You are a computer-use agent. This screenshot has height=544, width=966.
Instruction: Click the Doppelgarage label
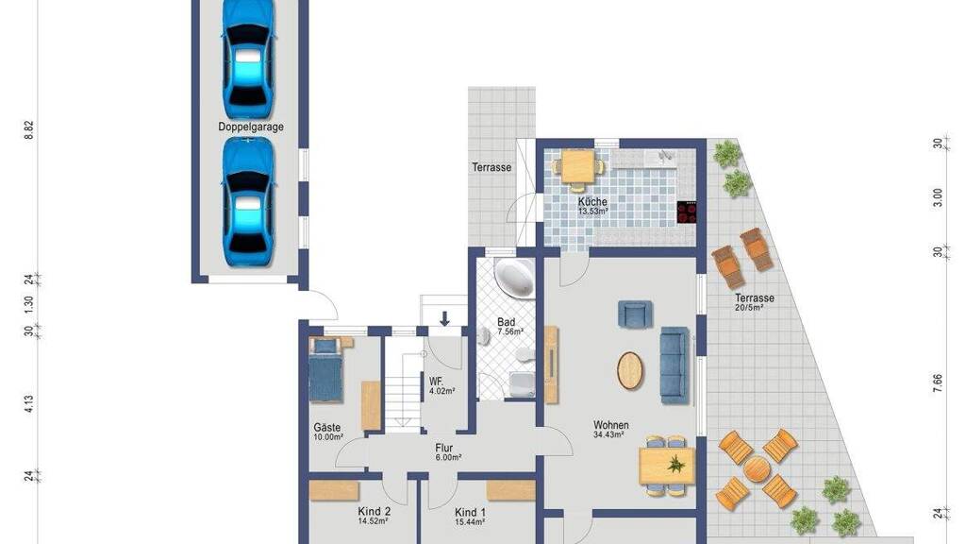[x=251, y=127]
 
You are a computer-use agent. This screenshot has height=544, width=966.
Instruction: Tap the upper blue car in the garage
[x=248, y=59]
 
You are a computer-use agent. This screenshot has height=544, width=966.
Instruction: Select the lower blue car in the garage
[x=248, y=202]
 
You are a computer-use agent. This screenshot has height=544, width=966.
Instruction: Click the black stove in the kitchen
[x=687, y=212]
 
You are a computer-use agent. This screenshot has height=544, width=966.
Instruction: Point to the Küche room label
[x=592, y=202]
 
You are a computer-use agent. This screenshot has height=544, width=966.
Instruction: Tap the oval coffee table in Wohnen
[x=629, y=370]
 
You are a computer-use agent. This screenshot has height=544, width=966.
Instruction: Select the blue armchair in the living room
[x=635, y=314]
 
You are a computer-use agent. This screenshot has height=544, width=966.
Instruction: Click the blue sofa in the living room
[x=674, y=365]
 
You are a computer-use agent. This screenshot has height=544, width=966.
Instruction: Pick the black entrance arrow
[x=444, y=318]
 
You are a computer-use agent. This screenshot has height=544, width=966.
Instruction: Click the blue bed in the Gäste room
[x=325, y=369]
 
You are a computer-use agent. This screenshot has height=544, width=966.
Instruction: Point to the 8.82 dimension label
[x=29, y=130]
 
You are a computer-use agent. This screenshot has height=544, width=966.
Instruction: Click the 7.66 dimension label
[x=937, y=383]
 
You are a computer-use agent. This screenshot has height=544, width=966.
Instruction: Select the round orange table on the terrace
[x=758, y=469]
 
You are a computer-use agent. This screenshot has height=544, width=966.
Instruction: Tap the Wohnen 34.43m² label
[x=610, y=429]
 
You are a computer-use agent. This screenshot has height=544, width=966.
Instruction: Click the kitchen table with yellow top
[x=578, y=166]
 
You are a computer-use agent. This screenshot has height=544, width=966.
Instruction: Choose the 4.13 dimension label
[x=29, y=404]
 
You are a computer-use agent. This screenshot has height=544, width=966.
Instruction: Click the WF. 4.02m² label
[x=441, y=385]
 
